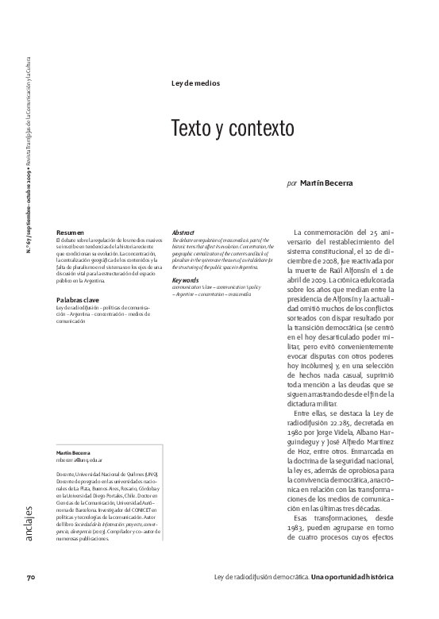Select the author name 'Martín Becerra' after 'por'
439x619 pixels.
326,183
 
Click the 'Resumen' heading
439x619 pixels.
70,232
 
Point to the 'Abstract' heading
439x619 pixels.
183,232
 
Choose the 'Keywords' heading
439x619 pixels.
185,280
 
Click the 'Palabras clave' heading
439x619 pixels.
78,299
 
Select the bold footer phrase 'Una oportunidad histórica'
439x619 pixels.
352,598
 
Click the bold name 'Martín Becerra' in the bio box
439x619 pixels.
74,452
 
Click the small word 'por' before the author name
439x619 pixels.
292,183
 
